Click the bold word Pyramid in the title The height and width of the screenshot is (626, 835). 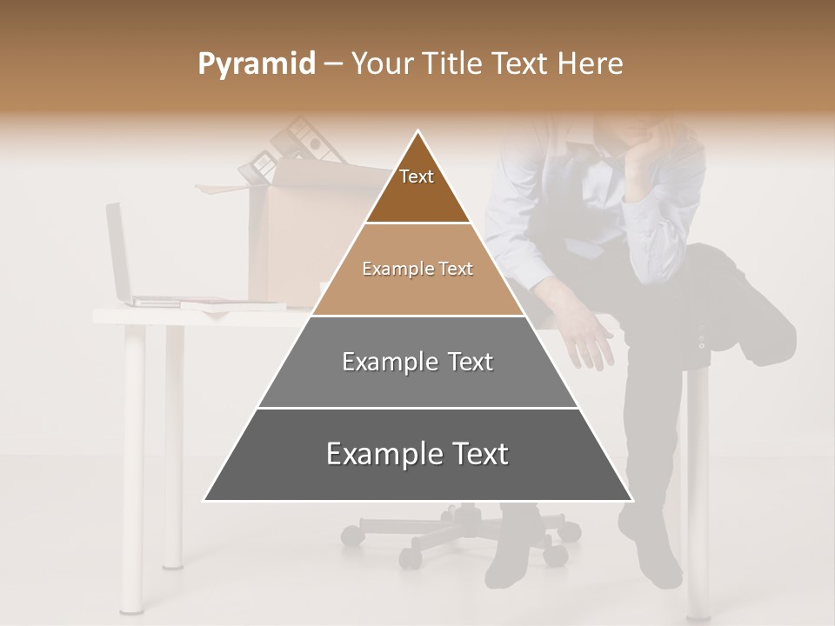coord(257,64)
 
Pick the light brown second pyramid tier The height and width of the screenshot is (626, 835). coord(417,270)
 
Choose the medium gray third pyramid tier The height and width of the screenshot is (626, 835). coord(417,362)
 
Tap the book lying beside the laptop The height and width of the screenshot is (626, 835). coord(233,303)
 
